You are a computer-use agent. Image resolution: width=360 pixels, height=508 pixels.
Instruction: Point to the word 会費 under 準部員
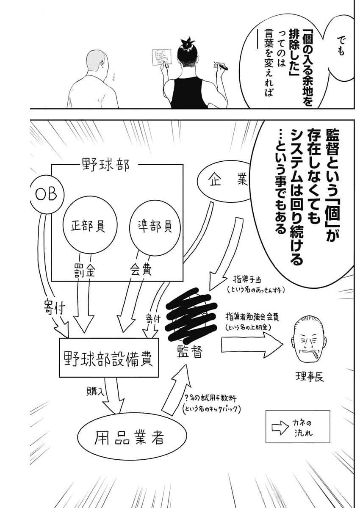tap(139, 271)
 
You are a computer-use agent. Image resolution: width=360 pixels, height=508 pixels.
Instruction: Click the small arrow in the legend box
tap(280, 428)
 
